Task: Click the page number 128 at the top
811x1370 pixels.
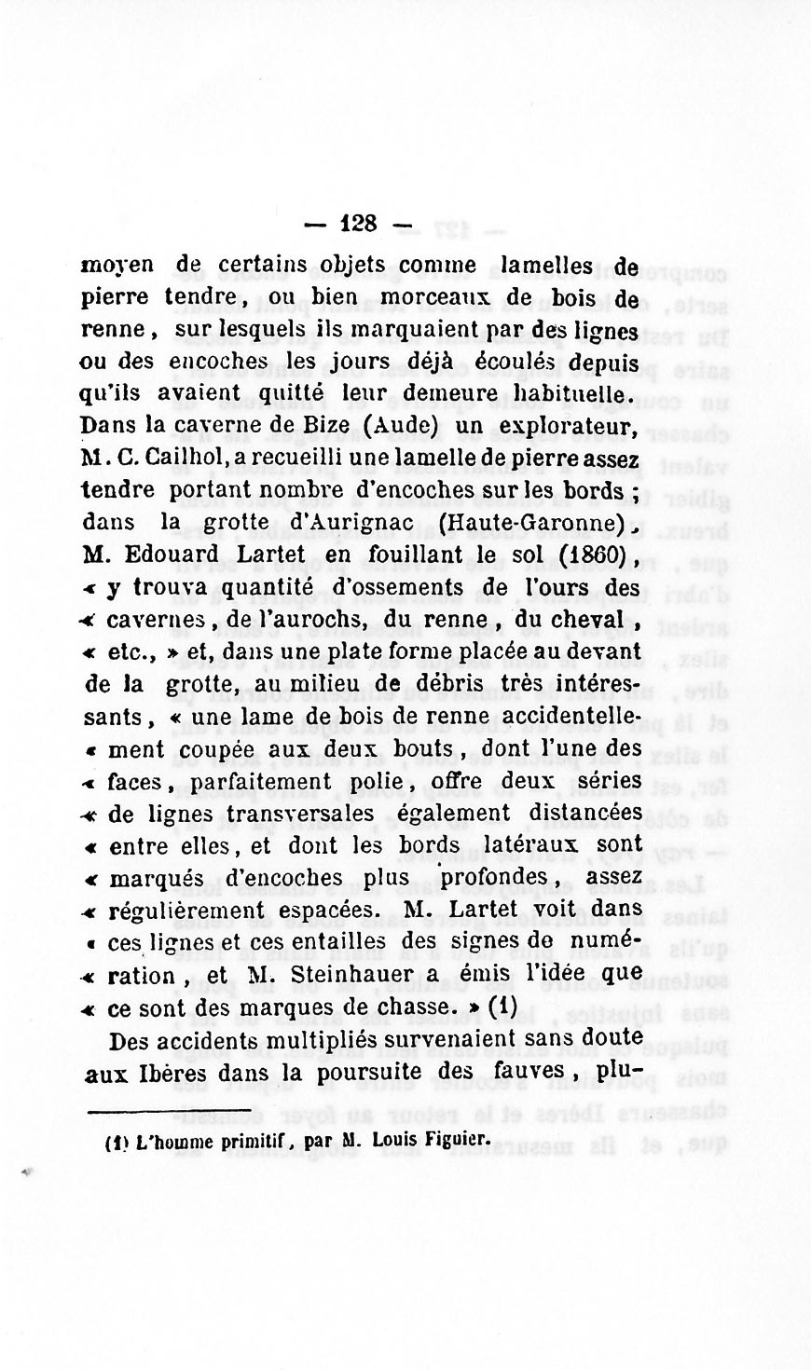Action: (x=359, y=224)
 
